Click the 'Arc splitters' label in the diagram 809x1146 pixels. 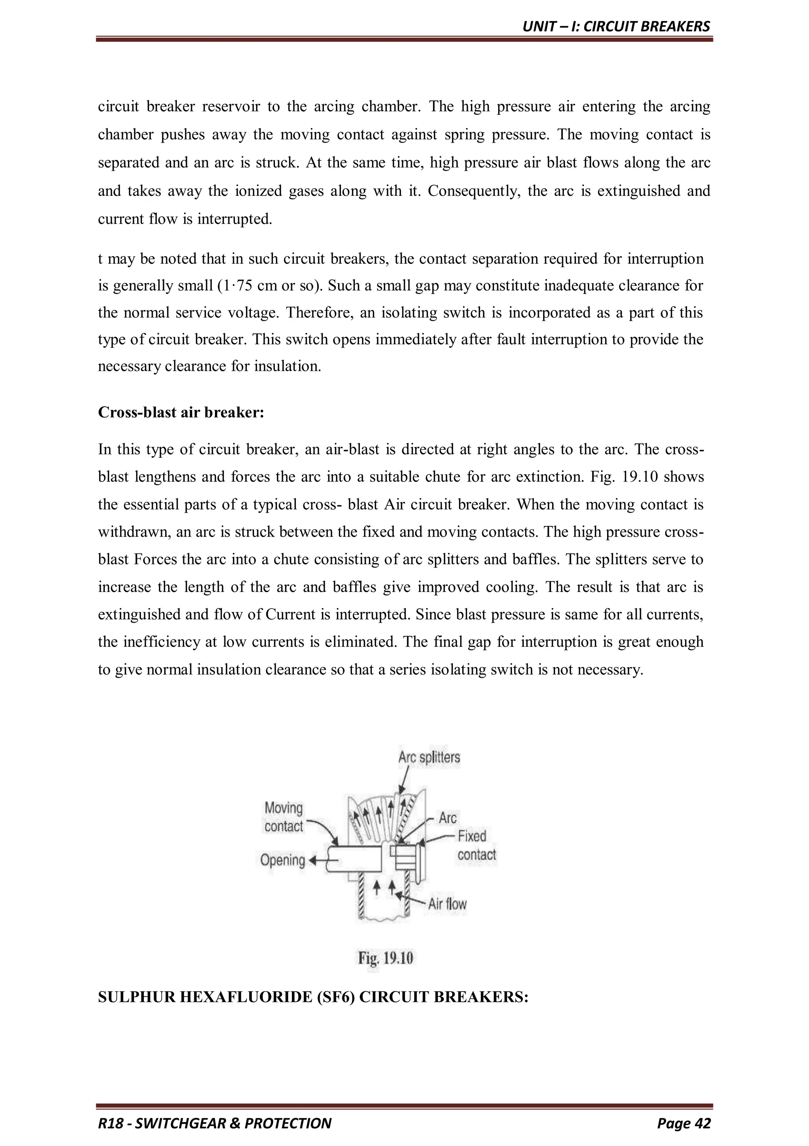[429, 757]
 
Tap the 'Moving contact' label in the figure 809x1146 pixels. [284, 817]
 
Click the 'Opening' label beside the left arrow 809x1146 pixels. [282, 860]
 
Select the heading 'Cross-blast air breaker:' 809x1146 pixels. [181, 412]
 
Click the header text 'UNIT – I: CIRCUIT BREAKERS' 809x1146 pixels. [616, 26]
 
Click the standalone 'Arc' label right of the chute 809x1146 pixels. [448, 817]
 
